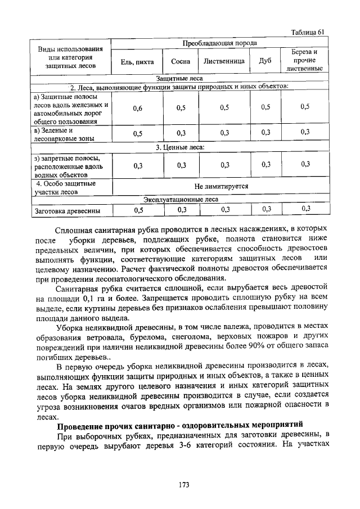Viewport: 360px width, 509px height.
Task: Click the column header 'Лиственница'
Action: pos(224,61)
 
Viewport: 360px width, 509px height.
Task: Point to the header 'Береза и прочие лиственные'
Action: pos(304,60)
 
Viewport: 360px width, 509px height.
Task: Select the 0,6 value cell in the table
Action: pos(137,108)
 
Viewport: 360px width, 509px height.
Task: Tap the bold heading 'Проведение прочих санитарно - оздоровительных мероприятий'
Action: pos(180,422)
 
